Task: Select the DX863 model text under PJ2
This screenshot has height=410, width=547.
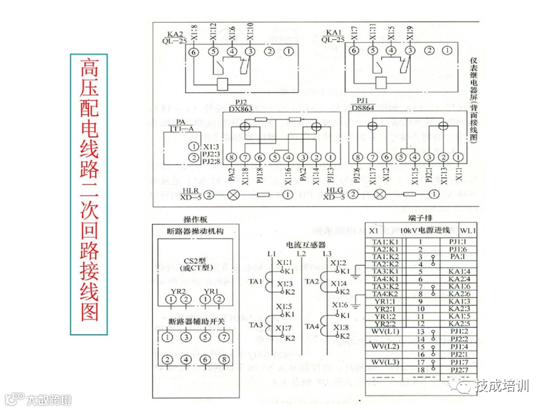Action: click(240, 108)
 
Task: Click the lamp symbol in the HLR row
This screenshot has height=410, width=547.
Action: click(233, 195)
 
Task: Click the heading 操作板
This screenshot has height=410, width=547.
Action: click(195, 220)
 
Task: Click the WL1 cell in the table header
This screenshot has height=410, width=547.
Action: click(468, 231)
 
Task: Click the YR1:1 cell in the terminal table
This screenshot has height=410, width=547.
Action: click(384, 302)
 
